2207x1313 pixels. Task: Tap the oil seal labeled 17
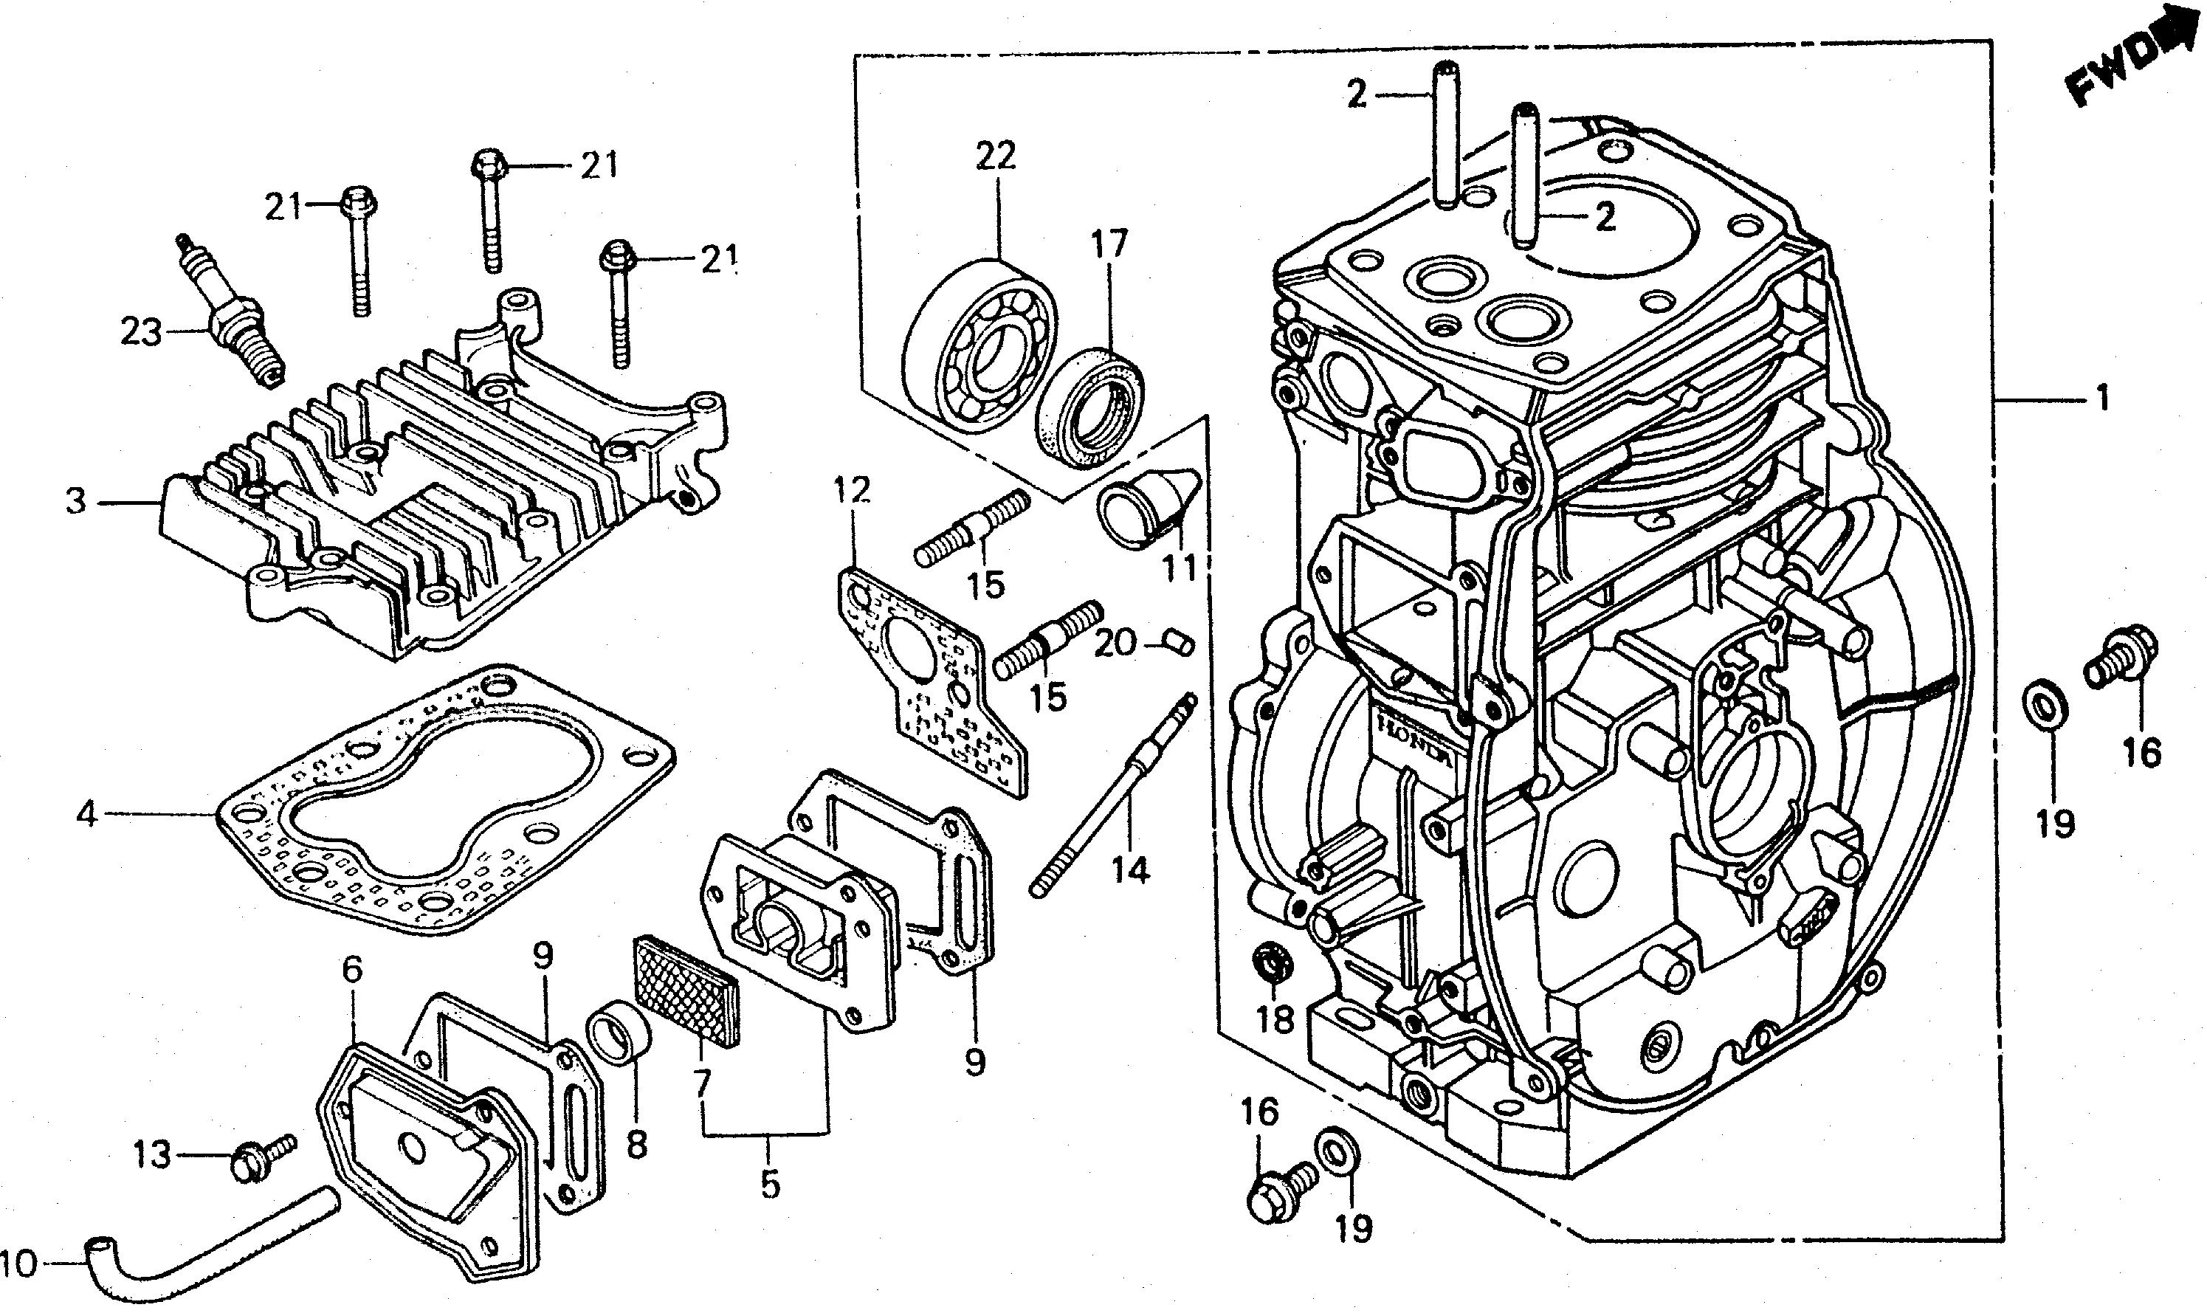(x=1089, y=407)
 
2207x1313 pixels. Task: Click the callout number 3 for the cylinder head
(x=77, y=502)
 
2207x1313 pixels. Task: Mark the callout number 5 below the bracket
(x=770, y=1184)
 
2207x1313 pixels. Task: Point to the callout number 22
(x=996, y=156)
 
